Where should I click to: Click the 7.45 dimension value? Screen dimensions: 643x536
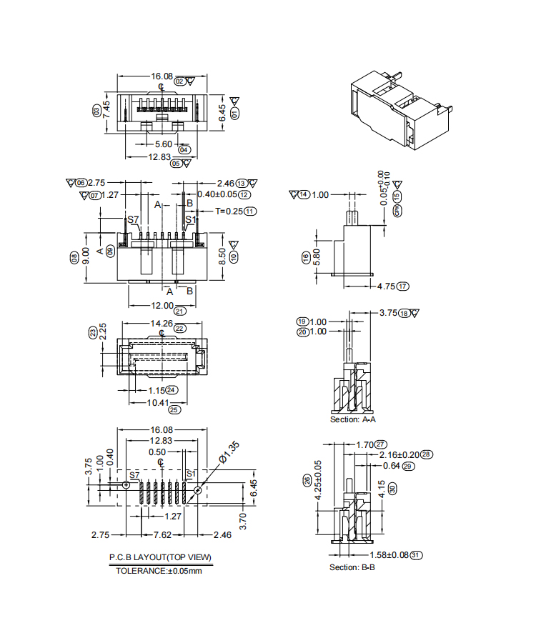[106, 109]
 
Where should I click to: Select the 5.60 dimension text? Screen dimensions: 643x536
[164, 144]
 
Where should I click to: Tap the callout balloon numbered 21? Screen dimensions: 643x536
[180, 311]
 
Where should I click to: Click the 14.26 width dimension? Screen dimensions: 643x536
[160, 324]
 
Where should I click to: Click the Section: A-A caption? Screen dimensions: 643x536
[354, 419]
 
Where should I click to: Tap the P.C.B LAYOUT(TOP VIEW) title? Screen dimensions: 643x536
[160, 557]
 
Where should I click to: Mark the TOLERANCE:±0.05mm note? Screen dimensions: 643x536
[159, 571]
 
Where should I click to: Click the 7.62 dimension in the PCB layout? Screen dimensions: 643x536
[162, 534]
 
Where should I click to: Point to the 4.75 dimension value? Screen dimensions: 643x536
[387, 286]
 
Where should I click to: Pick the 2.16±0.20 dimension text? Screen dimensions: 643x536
[399, 454]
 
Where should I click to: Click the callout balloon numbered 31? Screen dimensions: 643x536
[417, 554]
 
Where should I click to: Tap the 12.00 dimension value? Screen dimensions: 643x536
[162, 306]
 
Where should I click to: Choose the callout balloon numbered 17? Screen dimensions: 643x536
[404, 286]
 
